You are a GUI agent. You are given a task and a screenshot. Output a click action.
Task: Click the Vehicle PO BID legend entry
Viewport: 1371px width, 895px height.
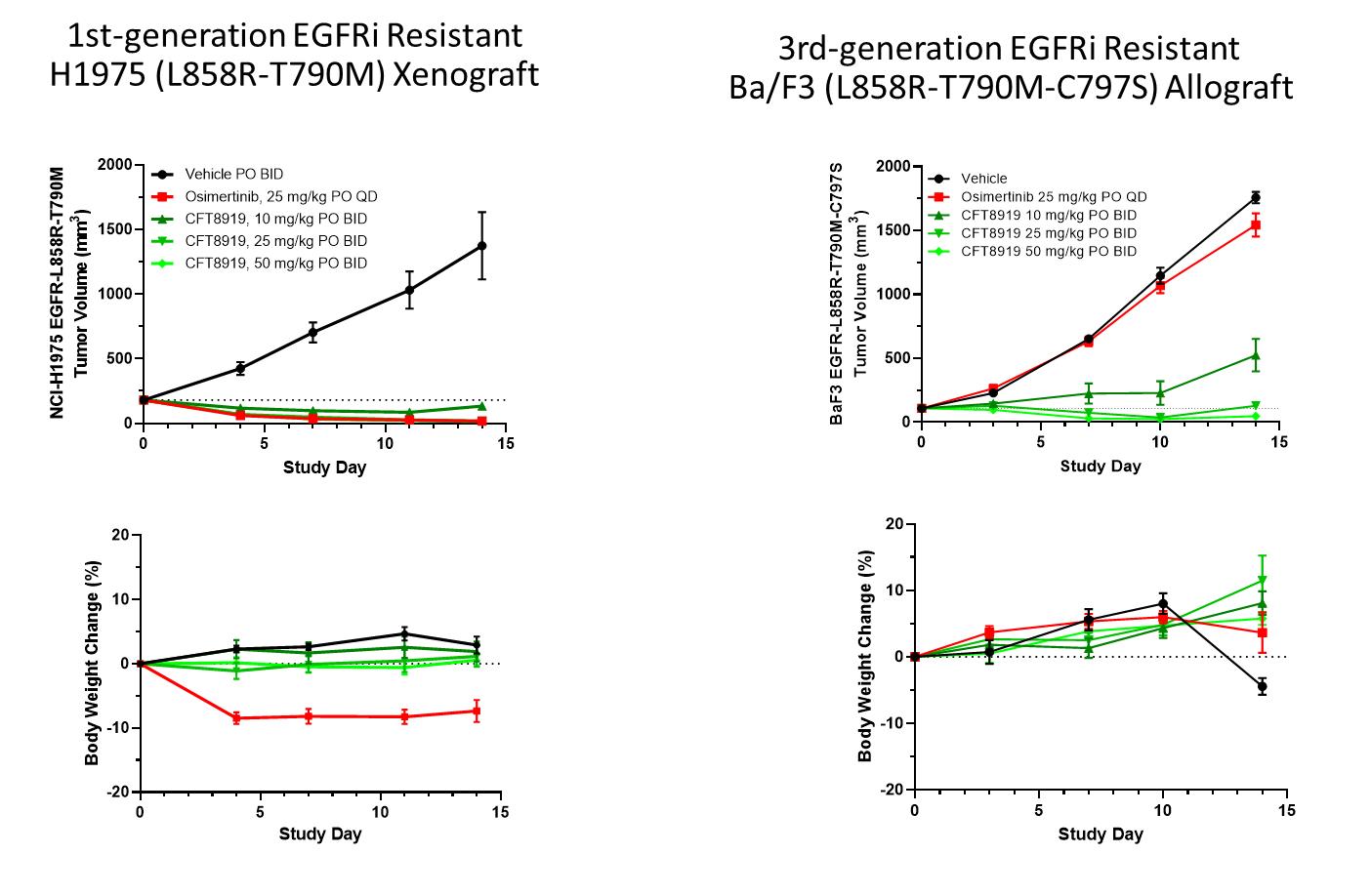click(x=234, y=175)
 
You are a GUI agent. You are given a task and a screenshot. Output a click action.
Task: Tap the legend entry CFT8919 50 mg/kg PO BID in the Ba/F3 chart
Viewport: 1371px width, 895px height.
click(x=1048, y=252)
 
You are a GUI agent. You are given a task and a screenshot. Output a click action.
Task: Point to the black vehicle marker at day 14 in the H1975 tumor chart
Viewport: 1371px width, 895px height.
click(x=481, y=246)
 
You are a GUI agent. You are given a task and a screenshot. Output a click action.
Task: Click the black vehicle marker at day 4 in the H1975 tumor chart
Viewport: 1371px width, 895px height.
click(x=240, y=369)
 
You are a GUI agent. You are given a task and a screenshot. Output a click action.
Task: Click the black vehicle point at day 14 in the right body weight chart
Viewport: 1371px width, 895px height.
click(x=1262, y=686)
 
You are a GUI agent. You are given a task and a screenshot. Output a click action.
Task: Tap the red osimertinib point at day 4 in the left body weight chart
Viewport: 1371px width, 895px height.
click(x=236, y=718)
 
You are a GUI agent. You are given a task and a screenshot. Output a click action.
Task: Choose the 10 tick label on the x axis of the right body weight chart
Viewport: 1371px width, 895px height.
click(x=1163, y=811)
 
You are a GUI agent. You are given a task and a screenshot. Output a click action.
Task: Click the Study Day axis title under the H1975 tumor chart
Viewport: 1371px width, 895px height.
click(x=324, y=468)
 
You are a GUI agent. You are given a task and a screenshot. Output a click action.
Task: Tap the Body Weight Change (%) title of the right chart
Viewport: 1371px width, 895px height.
click(x=866, y=657)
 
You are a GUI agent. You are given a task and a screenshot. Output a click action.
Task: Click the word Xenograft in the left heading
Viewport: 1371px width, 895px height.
click(x=466, y=74)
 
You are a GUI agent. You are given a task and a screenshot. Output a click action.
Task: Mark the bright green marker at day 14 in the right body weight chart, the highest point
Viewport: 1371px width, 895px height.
click(x=1262, y=582)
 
